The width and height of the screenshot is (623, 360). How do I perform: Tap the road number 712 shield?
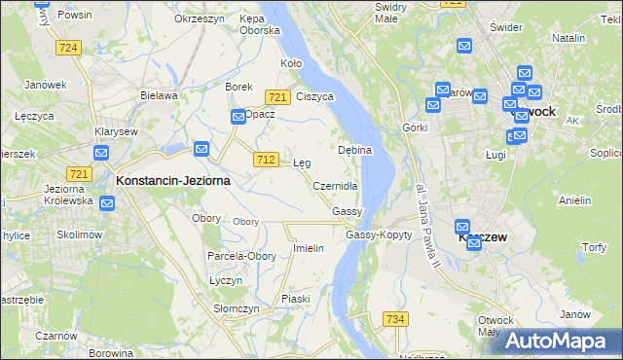click(265, 159)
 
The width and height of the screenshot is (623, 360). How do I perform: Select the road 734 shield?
click(394, 318)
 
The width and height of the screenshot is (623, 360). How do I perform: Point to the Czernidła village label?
click(336, 186)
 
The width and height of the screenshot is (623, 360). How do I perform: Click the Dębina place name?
click(355, 151)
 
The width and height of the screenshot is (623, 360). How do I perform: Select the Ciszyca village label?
click(315, 97)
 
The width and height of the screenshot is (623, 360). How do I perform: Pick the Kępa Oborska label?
click(259, 24)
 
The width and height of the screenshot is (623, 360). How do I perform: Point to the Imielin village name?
click(309, 248)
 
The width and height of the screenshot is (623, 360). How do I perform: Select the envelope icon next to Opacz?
click(238, 118)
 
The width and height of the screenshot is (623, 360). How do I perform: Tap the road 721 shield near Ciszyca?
click(277, 97)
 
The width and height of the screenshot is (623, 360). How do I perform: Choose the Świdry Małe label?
click(391, 12)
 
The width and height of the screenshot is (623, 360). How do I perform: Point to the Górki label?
click(415, 128)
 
